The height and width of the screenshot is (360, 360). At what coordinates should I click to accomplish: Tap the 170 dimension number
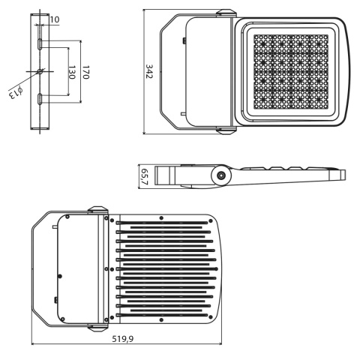click(x=85, y=73)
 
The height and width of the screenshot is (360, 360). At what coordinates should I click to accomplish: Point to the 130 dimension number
click(x=72, y=72)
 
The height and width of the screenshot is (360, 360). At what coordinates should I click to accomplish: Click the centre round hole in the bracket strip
click(x=40, y=72)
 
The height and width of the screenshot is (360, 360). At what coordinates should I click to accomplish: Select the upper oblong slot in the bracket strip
click(x=40, y=46)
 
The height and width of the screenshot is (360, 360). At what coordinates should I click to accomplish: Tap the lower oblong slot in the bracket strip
click(x=40, y=98)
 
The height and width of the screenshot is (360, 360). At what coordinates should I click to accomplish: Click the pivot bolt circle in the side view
click(x=222, y=176)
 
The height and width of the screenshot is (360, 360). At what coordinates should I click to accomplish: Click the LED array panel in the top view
click(x=293, y=73)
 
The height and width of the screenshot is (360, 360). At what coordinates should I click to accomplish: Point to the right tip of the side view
click(x=343, y=175)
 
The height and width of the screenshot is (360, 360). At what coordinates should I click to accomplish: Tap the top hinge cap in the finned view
click(x=97, y=211)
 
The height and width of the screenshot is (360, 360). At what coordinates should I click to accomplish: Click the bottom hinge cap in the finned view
click(x=97, y=327)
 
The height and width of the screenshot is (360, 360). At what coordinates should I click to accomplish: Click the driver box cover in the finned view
click(x=76, y=268)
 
